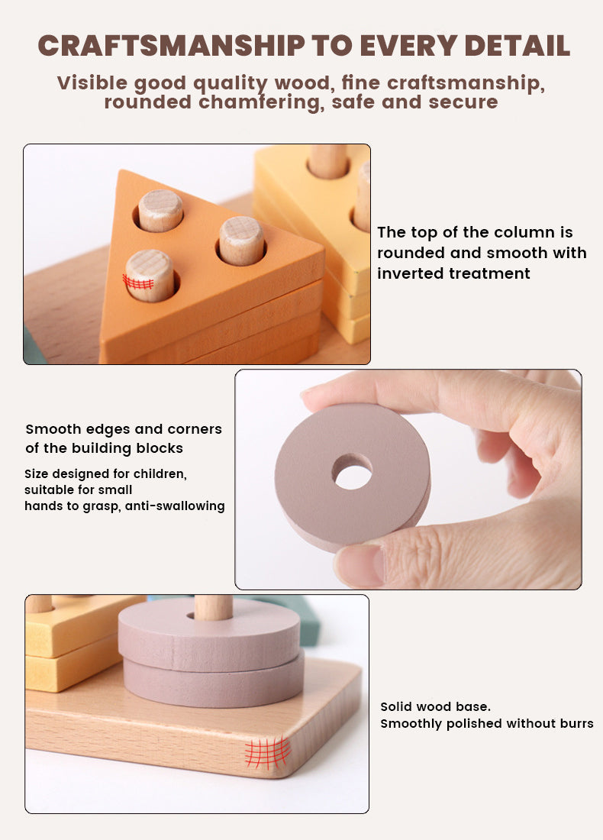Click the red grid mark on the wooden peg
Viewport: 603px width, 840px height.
pos(138,282)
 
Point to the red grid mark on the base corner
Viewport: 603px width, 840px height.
pos(268,752)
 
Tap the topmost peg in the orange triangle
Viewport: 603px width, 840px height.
pos(160,210)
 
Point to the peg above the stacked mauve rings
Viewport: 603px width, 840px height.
pos(213,606)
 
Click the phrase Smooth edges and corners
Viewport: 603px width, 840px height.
pos(124,429)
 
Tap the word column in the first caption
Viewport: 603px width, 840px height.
pos(496,232)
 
